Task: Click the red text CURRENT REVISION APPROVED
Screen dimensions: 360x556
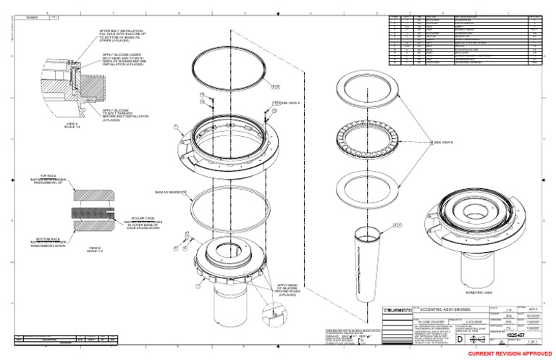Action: [x=510, y=353]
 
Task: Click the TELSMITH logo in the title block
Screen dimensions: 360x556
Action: [x=397, y=310]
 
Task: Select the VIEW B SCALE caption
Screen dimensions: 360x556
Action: [x=95, y=249]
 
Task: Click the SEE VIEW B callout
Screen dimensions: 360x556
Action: [x=444, y=142]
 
